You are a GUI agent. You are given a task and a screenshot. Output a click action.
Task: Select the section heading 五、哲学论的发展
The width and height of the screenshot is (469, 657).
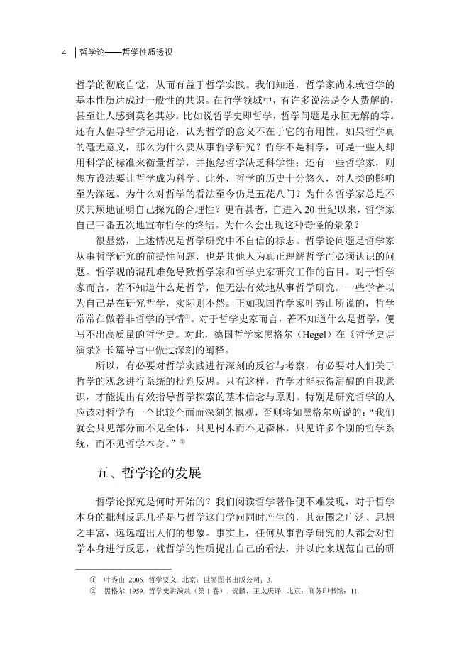tap(149, 471)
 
